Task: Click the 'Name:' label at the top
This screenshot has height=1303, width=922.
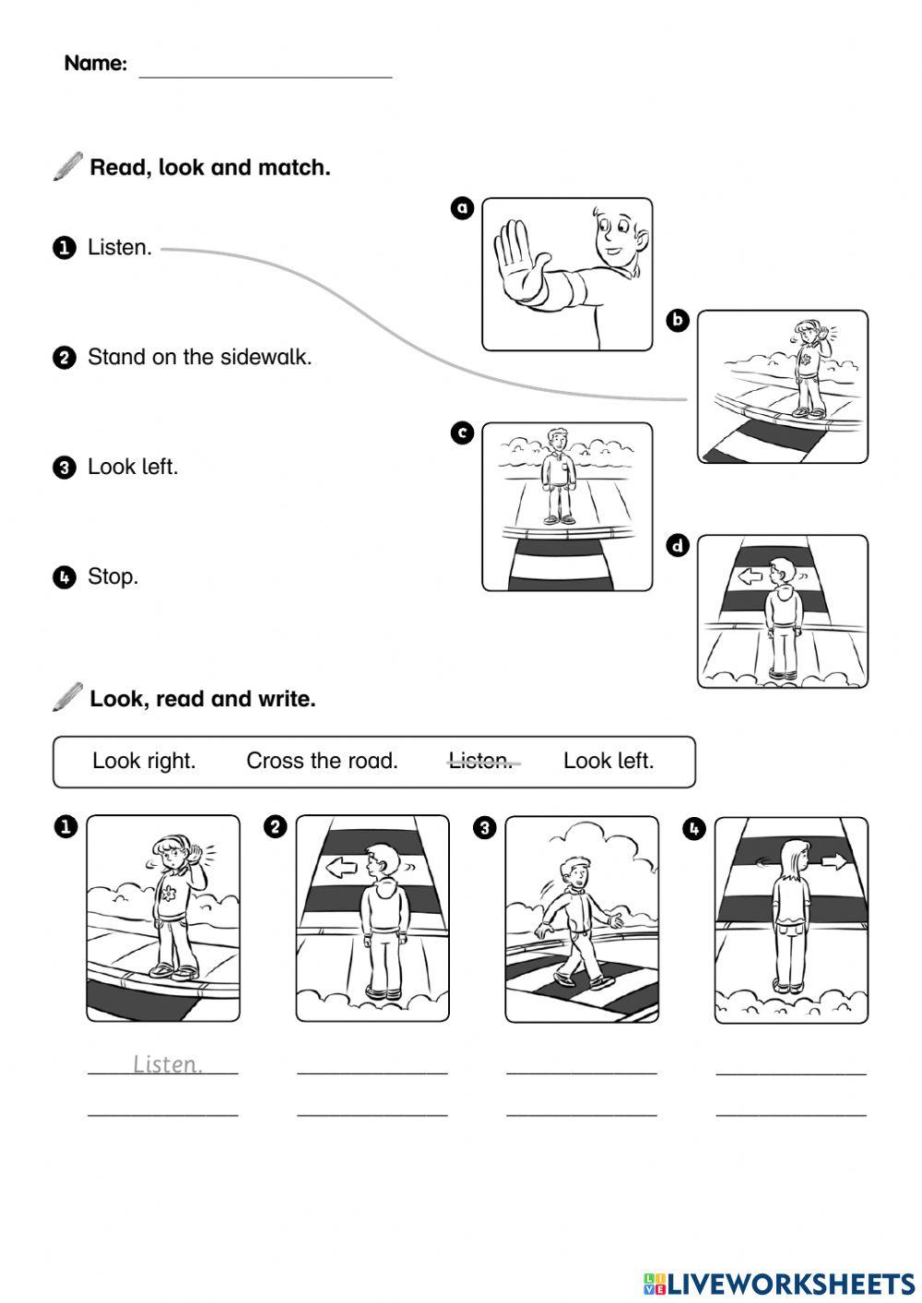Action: pyautogui.click(x=95, y=64)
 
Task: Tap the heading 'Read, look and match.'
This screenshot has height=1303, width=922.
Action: pyautogui.click(x=209, y=168)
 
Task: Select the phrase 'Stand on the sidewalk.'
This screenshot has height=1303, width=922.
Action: pyautogui.click(x=199, y=357)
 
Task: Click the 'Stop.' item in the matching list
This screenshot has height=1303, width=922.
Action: pyautogui.click(x=112, y=576)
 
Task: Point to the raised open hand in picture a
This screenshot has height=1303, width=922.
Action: pyautogui.click(x=521, y=262)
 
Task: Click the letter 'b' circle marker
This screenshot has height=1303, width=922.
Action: pyautogui.click(x=678, y=320)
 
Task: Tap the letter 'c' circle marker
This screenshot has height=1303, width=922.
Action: pyautogui.click(x=462, y=432)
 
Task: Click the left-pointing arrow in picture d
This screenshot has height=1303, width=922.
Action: pyautogui.click(x=751, y=576)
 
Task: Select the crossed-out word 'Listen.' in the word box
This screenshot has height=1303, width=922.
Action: pyautogui.click(x=480, y=761)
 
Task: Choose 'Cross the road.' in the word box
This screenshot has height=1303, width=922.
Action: pyautogui.click(x=322, y=761)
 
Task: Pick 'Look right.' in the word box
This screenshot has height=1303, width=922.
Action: pyautogui.click(x=144, y=761)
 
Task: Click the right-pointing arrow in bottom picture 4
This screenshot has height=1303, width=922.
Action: pyautogui.click(x=834, y=861)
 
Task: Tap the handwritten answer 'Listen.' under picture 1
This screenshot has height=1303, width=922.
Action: pyautogui.click(x=167, y=1064)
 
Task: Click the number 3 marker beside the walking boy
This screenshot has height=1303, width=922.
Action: pyautogui.click(x=484, y=827)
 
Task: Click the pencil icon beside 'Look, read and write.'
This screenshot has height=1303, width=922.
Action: pyautogui.click(x=67, y=697)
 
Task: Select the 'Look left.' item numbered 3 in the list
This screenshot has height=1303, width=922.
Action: pyautogui.click(x=133, y=467)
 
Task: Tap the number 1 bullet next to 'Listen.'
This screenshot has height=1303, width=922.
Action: pyautogui.click(x=64, y=248)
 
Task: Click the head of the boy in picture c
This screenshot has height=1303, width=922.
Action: pyautogui.click(x=556, y=438)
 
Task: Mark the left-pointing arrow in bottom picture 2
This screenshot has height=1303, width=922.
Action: pyautogui.click(x=341, y=867)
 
